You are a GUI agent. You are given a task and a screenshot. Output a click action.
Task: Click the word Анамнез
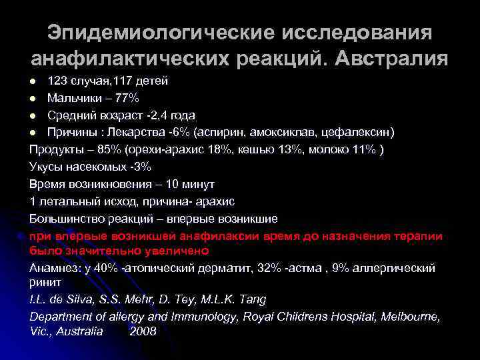(x=53, y=268)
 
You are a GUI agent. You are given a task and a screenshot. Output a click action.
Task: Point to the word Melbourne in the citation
(x=410, y=316)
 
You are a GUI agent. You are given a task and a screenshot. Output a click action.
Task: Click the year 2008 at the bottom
(x=143, y=331)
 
